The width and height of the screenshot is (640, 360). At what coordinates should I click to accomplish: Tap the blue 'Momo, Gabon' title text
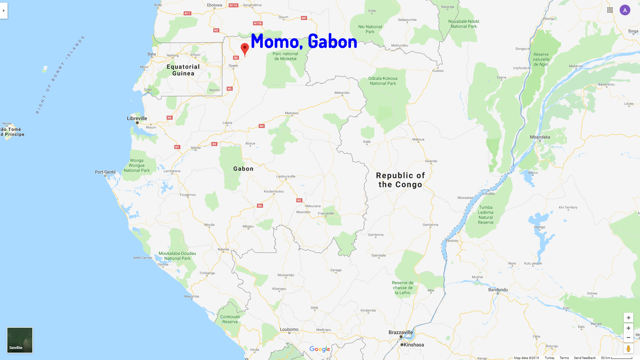(304, 41)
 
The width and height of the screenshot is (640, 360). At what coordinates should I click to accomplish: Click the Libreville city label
(137, 118)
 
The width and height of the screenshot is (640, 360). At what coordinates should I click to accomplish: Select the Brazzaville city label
(401, 332)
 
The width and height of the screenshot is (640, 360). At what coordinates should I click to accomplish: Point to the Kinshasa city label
(414, 345)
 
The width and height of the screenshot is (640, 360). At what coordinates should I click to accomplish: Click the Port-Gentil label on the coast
(105, 172)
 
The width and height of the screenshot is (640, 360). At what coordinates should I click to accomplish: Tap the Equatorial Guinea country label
(183, 70)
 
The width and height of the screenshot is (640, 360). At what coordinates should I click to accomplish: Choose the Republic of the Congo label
(400, 180)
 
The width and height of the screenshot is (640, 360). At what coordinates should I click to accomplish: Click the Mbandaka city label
(540, 137)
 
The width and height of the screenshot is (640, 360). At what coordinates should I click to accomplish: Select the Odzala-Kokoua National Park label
(383, 81)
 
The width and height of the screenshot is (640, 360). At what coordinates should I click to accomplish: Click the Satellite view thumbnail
(20, 340)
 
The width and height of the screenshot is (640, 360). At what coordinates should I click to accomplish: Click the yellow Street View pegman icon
(628, 349)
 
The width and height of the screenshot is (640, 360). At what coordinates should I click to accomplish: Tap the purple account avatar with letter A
(625, 10)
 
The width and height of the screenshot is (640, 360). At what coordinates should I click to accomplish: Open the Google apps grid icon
(610, 10)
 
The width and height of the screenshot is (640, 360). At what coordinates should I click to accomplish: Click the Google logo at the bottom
(320, 349)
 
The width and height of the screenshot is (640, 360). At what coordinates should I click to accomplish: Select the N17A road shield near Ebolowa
(233, 5)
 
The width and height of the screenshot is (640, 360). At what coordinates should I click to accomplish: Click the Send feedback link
(585, 358)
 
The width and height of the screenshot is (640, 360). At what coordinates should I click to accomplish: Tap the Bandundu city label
(498, 290)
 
